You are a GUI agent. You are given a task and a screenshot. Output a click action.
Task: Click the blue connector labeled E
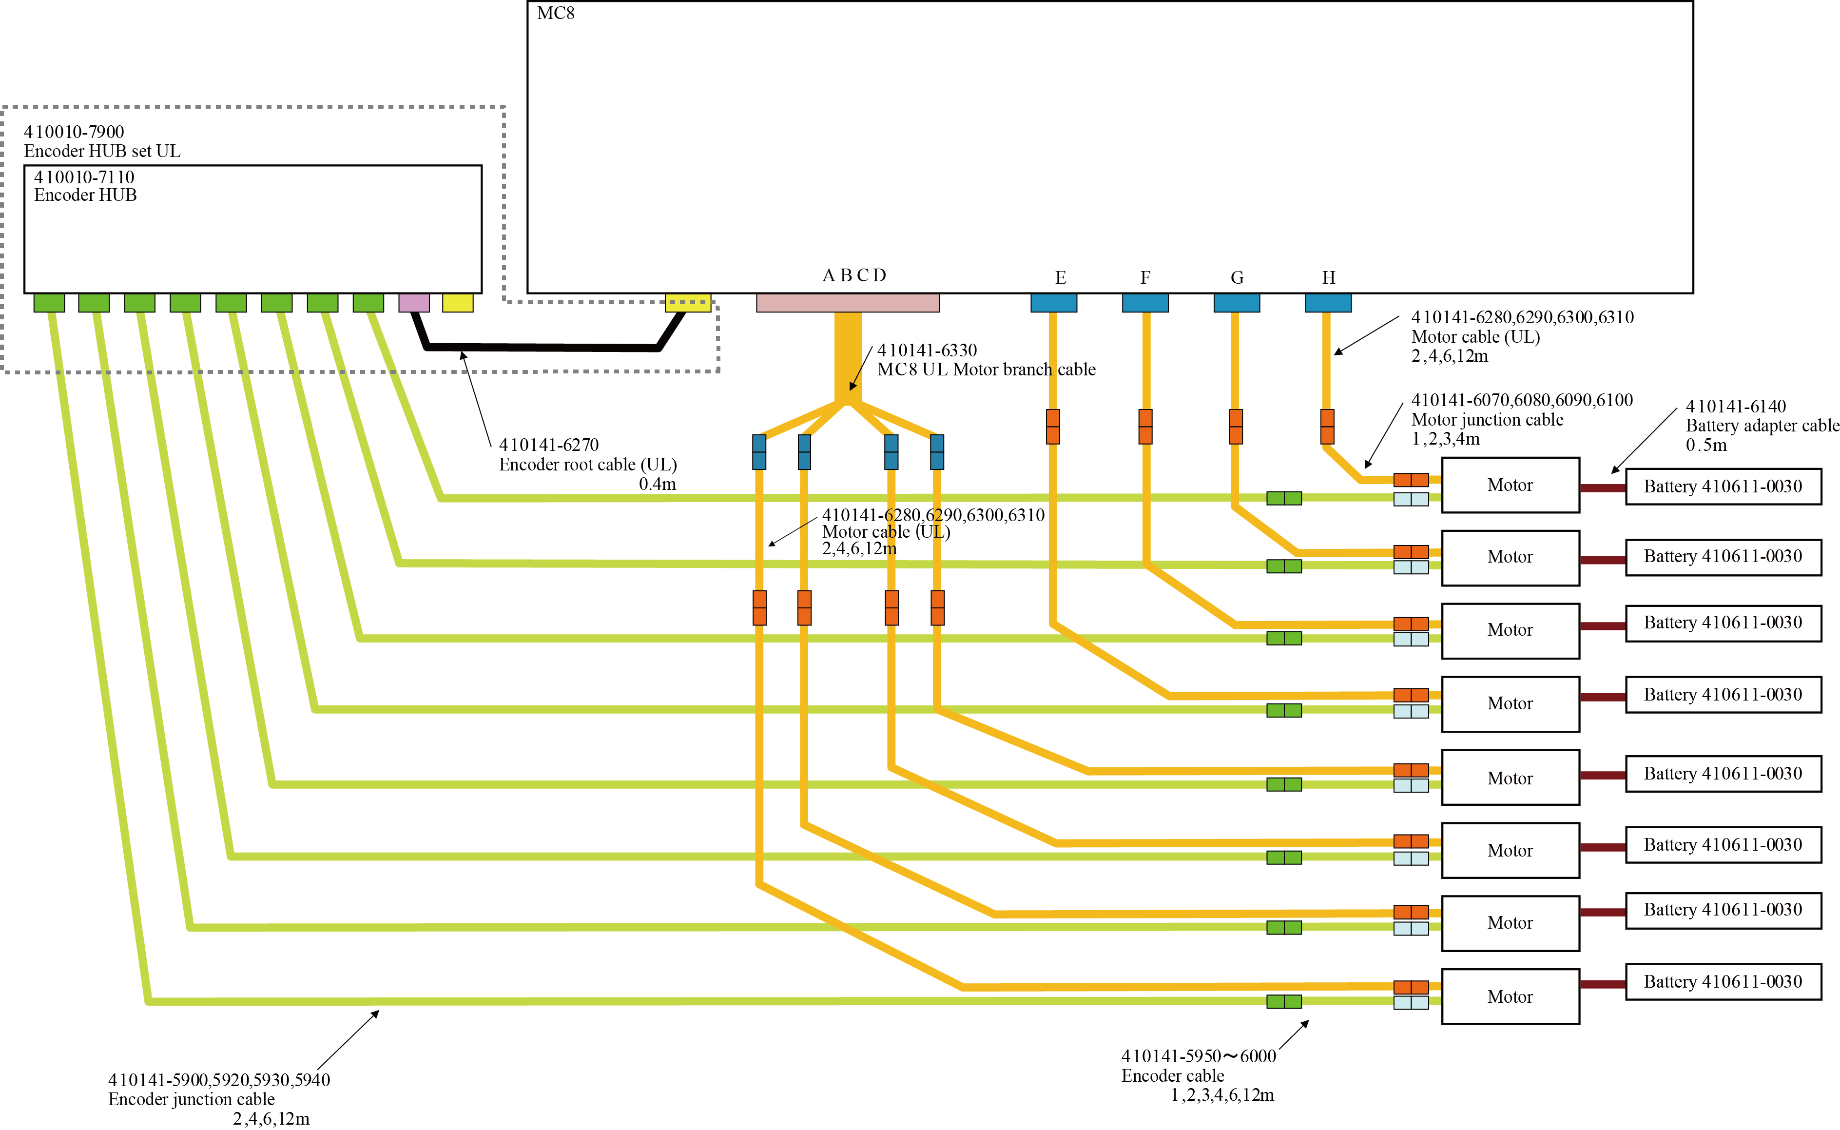click(x=1053, y=303)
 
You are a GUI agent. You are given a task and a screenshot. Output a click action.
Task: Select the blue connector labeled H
click(x=1328, y=303)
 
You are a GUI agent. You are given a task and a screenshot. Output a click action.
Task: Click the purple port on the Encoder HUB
click(x=414, y=303)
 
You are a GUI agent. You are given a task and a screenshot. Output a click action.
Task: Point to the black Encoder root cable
click(x=542, y=347)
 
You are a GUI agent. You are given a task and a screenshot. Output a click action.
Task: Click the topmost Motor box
click(x=1510, y=485)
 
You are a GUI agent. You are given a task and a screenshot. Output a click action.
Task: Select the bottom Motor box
click(x=1510, y=996)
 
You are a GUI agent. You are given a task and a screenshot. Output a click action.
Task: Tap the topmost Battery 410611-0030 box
click(x=1723, y=487)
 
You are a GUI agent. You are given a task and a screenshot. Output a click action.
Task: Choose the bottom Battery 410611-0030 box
click(x=1723, y=982)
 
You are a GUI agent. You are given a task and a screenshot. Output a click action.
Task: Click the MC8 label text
click(x=555, y=14)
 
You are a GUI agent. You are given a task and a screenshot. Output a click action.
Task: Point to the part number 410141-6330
click(x=927, y=350)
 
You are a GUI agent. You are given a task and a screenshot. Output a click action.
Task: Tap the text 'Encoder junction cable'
click(x=191, y=1099)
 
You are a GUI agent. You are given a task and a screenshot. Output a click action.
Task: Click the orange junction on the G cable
click(x=1236, y=426)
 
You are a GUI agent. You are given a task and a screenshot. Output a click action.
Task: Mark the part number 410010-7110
click(x=84, y=177)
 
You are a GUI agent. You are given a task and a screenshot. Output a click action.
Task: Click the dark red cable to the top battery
click(x=1603, y=488)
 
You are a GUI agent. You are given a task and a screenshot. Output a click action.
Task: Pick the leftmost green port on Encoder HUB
click(x=49, y=303)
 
